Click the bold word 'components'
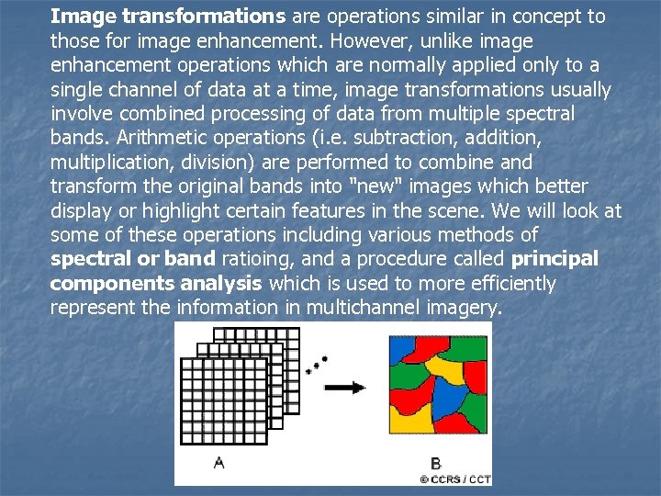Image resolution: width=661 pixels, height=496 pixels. click(111, 283)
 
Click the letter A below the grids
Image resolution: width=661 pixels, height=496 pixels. click(218, 463)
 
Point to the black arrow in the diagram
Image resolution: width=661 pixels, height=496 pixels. click(345, 387)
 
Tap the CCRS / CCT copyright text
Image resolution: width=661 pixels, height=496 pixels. click(455, 479)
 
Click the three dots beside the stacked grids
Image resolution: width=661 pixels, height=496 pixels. click(318, 363)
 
